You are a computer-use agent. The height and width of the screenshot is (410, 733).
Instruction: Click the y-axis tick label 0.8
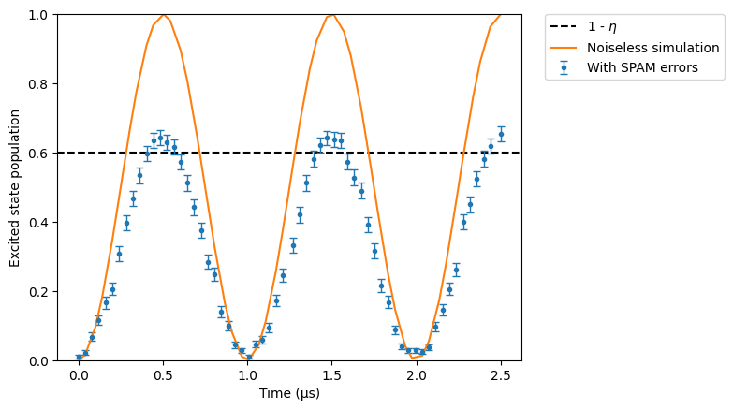(37, 84)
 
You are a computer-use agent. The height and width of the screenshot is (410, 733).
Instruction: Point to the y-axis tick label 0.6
(37, 154)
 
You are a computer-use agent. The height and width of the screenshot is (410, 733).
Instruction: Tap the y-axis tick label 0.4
(37, 223)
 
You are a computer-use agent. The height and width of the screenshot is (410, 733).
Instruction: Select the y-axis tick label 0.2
(37, 292)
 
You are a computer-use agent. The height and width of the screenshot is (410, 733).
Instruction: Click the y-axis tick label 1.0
(37, 15)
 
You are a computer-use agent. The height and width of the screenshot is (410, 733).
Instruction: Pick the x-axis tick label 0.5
(163, 376)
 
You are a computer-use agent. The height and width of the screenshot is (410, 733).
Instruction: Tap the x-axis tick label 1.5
(332, 376)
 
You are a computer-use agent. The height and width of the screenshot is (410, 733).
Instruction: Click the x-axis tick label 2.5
(501, 376)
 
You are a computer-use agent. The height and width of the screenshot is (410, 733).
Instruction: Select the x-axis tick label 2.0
(417, 376)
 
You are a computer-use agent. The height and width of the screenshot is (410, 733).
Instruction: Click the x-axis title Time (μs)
(289, 393)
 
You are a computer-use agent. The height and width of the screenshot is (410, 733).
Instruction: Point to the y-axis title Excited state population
(14, 188)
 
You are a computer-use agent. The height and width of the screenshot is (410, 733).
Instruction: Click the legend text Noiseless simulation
(653, 48)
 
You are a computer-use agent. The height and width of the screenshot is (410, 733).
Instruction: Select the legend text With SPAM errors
(642, 67)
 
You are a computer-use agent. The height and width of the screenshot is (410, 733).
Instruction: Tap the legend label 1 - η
(602, 27)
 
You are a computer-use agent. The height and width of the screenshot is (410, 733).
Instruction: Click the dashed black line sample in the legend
(564, 26)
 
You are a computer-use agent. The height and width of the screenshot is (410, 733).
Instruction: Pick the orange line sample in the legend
(564, 47)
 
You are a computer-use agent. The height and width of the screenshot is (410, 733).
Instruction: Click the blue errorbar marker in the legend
(564, 67)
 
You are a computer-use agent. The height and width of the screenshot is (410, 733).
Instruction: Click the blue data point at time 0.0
(79, 358)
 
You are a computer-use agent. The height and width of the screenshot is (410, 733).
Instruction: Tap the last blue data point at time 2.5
(501, 135)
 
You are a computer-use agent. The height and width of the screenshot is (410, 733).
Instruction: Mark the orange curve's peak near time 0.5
(163, 15)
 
